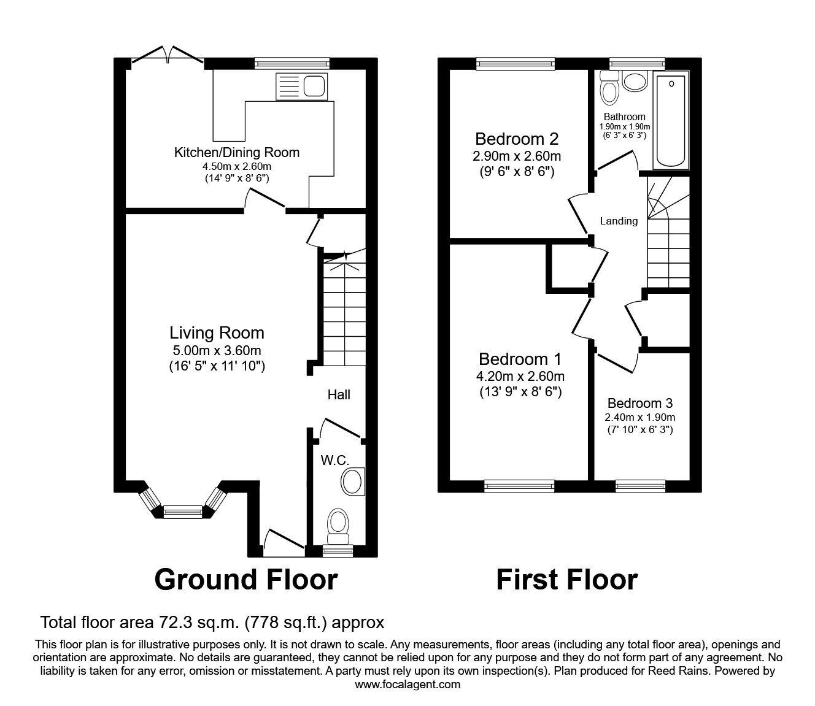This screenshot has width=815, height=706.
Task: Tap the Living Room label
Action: tap(217, 333)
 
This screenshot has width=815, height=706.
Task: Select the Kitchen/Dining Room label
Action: tap(237, 152)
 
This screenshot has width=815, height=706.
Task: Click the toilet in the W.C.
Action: tap(338, 526)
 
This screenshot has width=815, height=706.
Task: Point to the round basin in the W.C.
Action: tap(353, 482)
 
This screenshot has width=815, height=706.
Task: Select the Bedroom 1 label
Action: tap(520, 359)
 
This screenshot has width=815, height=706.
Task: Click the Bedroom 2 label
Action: tap(517, 138)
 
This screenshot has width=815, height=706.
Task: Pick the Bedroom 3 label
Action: tap(640, 403)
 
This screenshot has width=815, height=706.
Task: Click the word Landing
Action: tap(619, 221)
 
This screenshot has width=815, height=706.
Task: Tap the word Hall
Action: tap(339, 394)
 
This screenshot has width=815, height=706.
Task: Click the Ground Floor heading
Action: tap(245, 580)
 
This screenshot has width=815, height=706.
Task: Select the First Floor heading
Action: tap(566, 580)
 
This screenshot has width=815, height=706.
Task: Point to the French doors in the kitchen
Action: tap(168, 56)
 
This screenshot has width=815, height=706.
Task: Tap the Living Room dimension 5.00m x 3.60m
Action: tap(217, 351)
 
